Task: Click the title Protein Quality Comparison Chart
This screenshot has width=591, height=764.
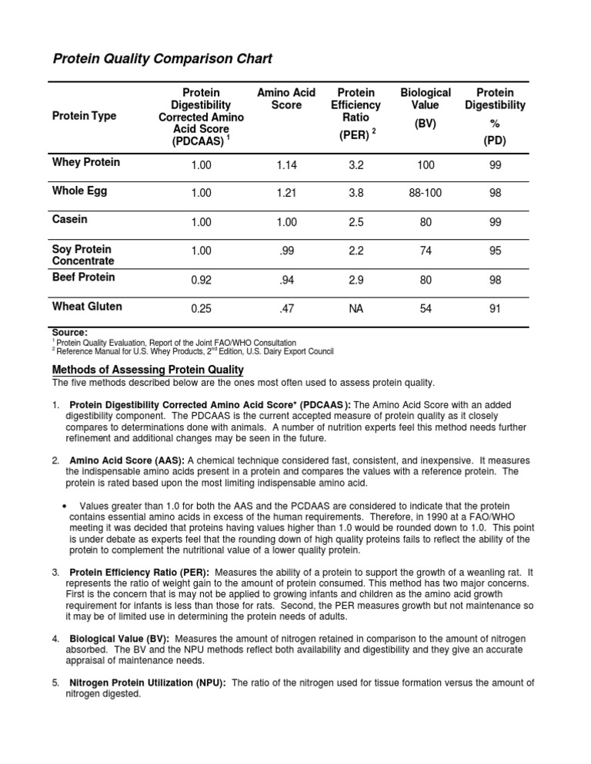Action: (x=162, y=59)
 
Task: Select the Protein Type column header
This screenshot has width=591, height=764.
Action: (x=84, y=116)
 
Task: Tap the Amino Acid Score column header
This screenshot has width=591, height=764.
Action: (x=285, y=98)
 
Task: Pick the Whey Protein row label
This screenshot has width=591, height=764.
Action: (x=85, y=163)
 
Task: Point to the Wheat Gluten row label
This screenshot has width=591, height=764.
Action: (x=86, y=307)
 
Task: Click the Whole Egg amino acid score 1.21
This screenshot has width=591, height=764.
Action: (x=285, y=193)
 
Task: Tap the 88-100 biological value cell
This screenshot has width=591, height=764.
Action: (x=426, y=193)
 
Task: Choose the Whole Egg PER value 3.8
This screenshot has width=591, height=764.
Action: (x=356, y=193)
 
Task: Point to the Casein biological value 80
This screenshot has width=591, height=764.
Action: (x=426, y=221)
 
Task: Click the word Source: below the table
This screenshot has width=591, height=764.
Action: (x=70, y=332)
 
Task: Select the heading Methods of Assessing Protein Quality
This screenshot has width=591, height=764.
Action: (x=148, y=370)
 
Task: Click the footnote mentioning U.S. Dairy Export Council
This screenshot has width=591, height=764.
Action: (x=192, y=351)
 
